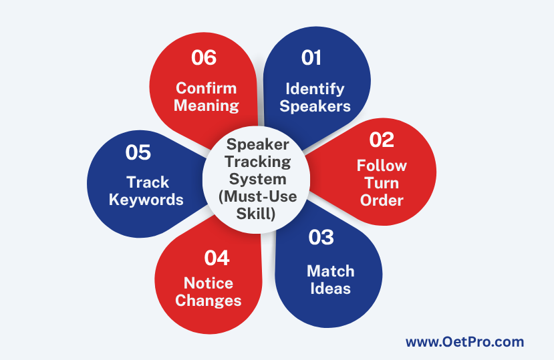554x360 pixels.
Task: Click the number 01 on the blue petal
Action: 311,57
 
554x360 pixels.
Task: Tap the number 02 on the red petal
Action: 382,140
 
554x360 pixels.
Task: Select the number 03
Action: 321,237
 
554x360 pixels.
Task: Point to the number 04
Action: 217,258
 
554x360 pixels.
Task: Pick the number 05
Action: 138,152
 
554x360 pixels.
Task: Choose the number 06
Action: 204,57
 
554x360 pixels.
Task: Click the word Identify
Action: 315,89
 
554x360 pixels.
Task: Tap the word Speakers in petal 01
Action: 315,106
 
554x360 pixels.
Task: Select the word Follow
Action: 382,166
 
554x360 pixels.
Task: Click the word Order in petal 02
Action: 382,200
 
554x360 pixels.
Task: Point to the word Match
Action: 330,271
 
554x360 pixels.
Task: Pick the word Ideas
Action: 330,289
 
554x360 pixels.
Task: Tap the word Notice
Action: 209,283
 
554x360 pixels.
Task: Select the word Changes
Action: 209,301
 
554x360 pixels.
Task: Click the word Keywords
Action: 146,200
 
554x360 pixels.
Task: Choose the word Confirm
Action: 206,88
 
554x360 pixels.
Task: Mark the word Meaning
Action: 206,106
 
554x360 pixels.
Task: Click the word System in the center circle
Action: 257,179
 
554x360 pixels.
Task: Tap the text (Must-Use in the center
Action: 257,196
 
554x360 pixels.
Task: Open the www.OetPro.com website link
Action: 464,342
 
